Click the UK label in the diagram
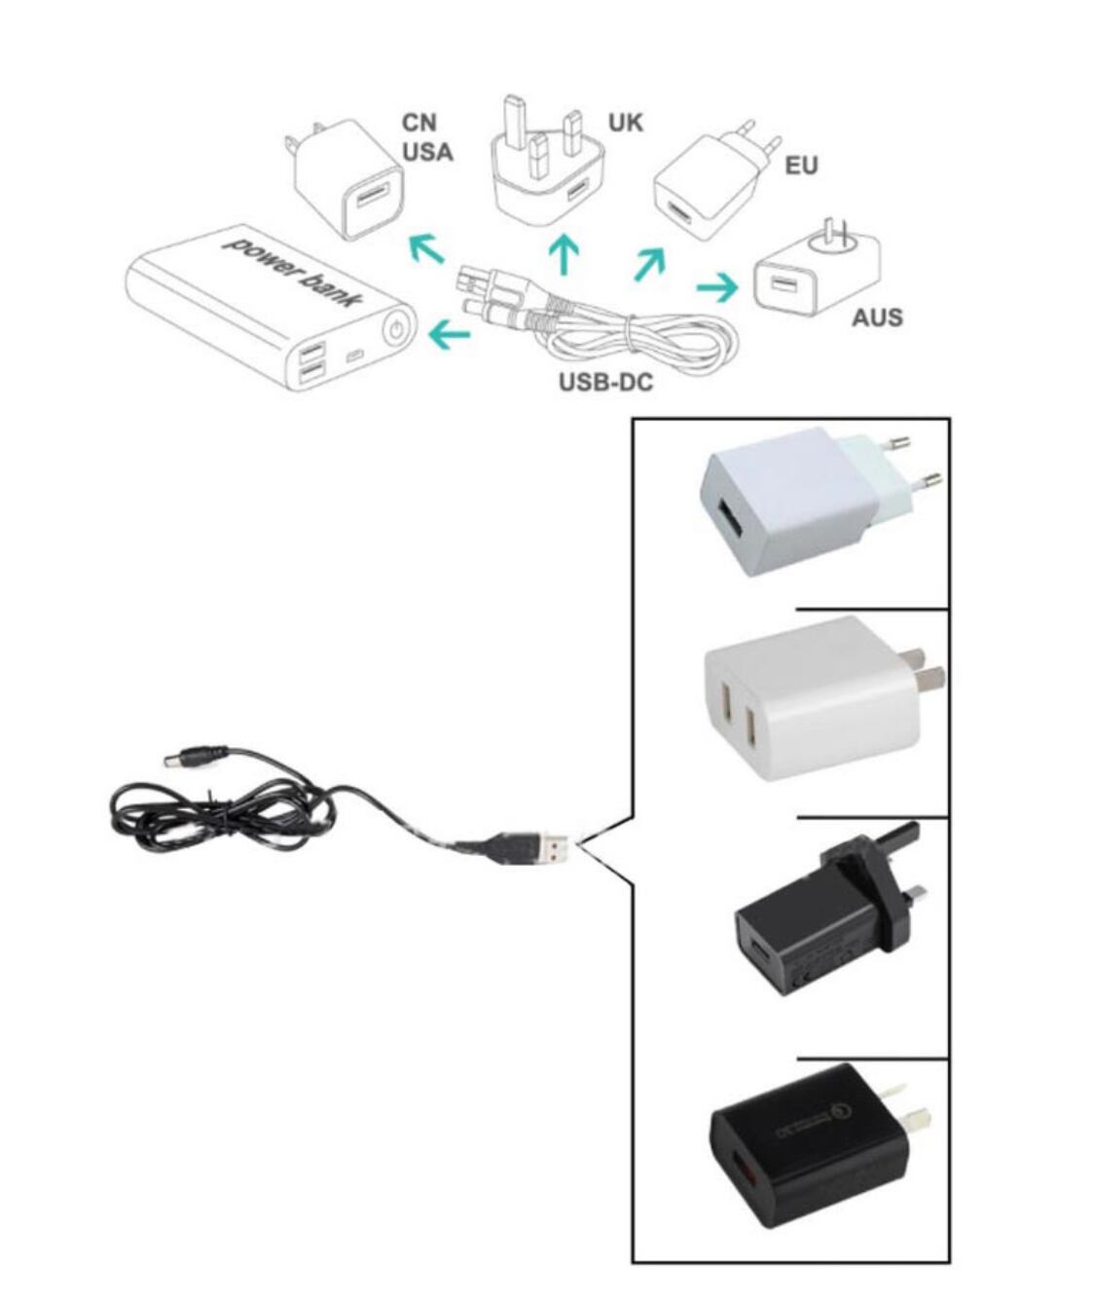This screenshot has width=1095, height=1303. tap(625, 123)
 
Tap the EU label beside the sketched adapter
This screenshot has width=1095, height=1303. tap(801, 166)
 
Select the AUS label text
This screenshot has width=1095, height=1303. tap(877, 317)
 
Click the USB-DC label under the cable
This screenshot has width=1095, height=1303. tap(605, 382)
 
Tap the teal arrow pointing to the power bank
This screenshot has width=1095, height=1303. tap(450, 335)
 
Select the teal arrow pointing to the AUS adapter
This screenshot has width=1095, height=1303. tap(717, 287)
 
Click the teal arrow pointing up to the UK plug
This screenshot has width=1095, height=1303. tap(564, 254)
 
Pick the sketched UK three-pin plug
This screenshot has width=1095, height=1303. tap(549, 163)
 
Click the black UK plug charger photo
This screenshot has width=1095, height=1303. tap(830, 916)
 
